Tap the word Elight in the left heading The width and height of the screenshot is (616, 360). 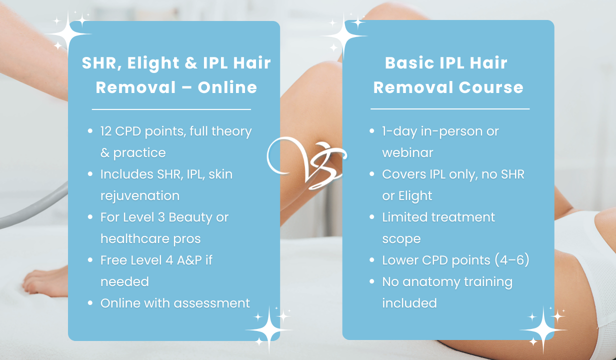(153, 63)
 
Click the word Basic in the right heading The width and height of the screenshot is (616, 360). (408, 63)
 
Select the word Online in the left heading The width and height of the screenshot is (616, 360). (227, 87)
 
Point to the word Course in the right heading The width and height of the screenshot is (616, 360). (491, 87)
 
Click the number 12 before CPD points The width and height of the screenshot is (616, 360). (105, 131)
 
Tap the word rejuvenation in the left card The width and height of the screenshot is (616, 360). (139, 196)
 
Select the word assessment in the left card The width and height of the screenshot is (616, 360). (212, 303)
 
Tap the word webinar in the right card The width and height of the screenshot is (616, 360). (407, 152)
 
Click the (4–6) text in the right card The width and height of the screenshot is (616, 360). (512, 260)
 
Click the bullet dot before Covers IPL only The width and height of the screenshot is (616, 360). (372, 174)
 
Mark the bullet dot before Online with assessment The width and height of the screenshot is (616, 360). (90, 303)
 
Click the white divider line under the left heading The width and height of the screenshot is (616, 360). (171, 109)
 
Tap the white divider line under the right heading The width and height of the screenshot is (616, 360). (450, 109)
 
